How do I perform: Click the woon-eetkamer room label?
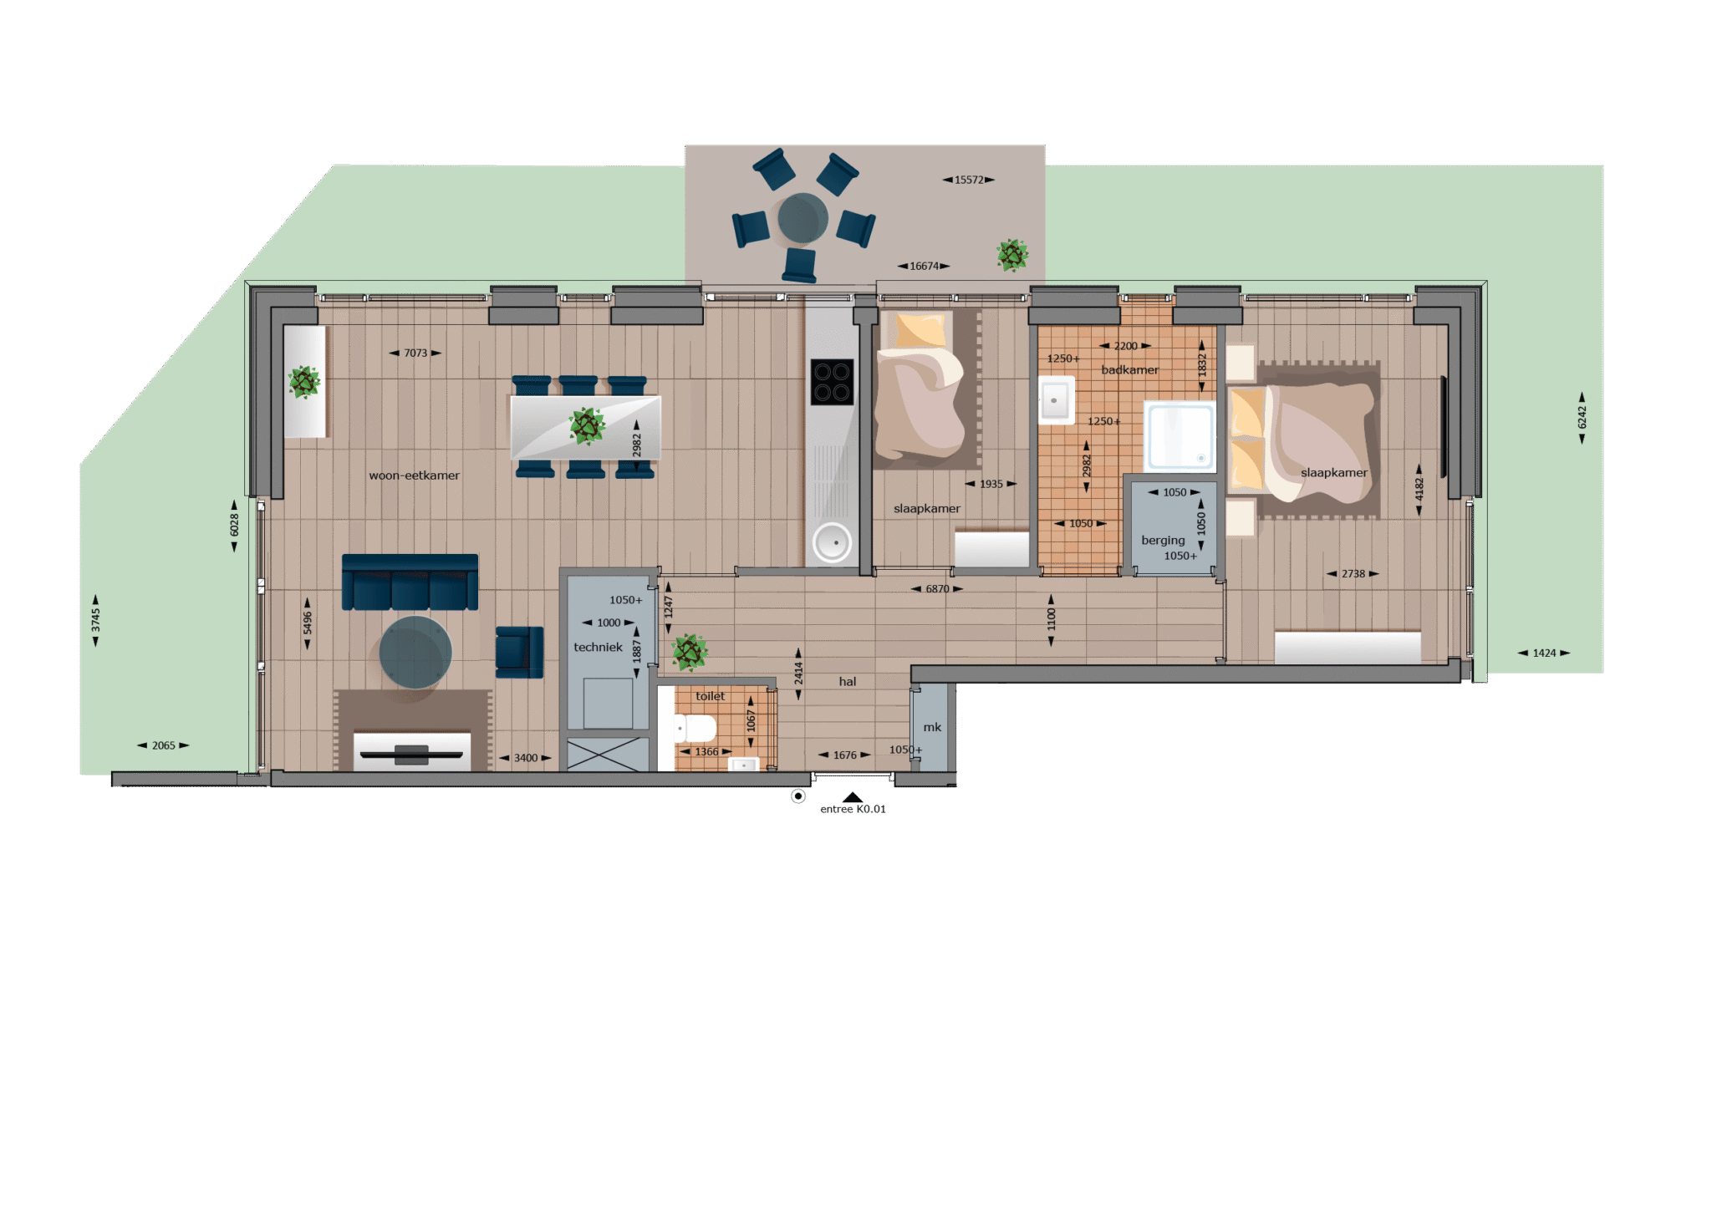414,475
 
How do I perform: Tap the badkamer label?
1129,370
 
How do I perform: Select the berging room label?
1163,541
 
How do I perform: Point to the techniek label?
598,647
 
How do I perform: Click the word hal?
848,682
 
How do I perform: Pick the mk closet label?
932,727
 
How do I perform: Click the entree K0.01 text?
853,809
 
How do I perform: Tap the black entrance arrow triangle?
853,797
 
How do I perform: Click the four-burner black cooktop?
832,382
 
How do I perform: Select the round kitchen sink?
833,542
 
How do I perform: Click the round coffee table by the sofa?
415,653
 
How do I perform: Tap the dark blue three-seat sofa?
410,582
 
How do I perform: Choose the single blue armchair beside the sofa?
519,651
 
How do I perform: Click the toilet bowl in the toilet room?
695,729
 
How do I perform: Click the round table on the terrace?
802,219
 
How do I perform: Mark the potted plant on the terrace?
1012,255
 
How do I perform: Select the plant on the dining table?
587,426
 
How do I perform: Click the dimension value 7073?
415,353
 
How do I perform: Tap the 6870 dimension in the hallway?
937,589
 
